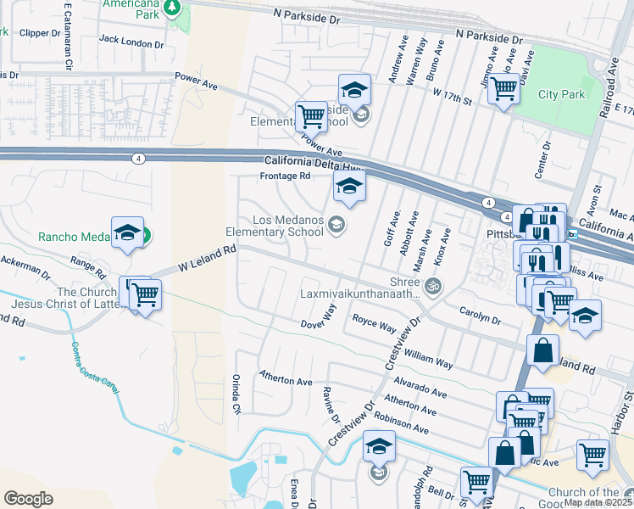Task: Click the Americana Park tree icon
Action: click(172, 8)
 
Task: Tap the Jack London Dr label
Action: click(131, 41)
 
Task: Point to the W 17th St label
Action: click(451, 96)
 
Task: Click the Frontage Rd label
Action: click(285, 176)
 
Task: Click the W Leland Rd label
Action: click(206, 259)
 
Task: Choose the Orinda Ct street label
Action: click(237, 394)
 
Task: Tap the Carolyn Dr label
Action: click(481, 316)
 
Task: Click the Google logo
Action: click(28, 499)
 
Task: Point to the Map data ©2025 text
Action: click(598, 502)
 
